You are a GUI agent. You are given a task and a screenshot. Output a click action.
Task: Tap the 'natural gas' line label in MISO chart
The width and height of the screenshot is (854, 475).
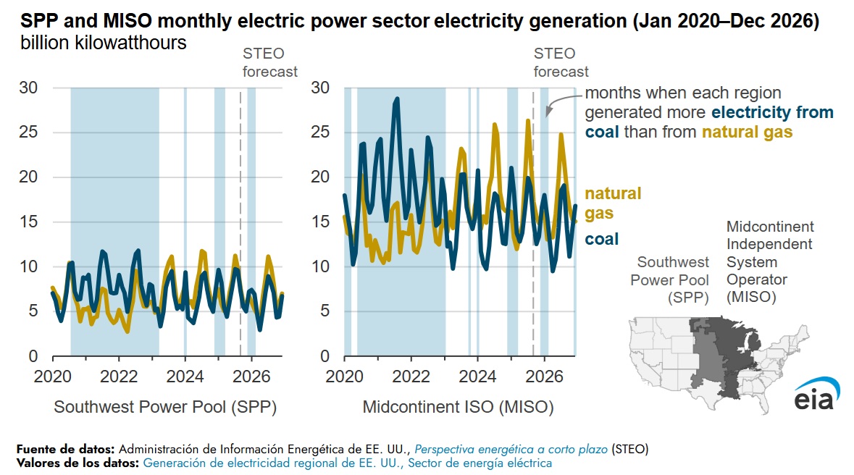coord(613,203)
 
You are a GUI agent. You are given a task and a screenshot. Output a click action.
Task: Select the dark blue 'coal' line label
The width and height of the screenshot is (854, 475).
coord(601,240)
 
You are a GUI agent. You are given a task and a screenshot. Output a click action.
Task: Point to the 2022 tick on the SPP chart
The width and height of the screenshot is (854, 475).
coord(118,377)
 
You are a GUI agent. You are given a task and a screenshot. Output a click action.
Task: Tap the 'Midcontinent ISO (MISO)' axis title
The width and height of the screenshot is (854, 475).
coord(458,408)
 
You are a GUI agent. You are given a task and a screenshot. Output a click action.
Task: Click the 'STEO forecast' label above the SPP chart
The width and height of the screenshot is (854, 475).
coord(269,62)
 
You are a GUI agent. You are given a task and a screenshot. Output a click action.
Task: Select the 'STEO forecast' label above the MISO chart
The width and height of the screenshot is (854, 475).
coord(561,62)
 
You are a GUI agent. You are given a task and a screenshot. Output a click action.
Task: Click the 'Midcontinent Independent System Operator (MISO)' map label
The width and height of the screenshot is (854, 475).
coord(769,262)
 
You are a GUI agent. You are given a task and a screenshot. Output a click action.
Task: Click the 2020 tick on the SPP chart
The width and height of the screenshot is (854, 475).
coord(52,377)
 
